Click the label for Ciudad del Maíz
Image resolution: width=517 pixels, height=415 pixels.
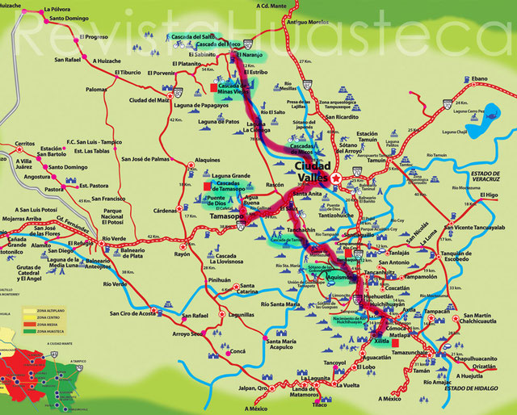click(x=148, y=100)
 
